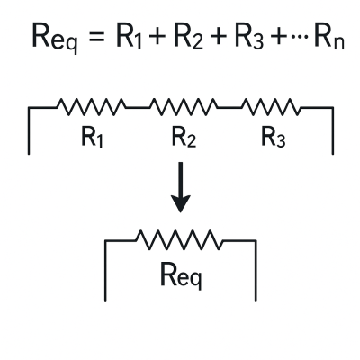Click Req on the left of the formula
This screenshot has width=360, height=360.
[54, 39]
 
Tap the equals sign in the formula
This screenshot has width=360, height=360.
[97, 36]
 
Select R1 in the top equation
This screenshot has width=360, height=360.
[129, 37]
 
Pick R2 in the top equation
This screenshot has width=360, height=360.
[189, 37]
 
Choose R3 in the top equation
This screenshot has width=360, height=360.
[249, 37]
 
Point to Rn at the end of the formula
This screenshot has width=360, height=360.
[328, 37]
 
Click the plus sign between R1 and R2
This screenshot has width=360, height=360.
[158, 36]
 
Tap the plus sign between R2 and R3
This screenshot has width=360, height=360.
[219, 36]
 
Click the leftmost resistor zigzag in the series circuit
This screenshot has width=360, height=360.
[92, 107]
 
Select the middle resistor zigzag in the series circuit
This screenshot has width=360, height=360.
[184, 107]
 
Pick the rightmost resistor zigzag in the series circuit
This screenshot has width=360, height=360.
[271, 107]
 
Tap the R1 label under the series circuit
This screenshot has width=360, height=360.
[93, 137]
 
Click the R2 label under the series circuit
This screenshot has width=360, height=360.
[184, 137]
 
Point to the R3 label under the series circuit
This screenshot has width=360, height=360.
[274, 137]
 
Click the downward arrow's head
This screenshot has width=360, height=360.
[180, 204]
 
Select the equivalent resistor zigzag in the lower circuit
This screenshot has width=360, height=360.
[180, 240]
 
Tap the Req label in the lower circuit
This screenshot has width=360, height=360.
[181, 275]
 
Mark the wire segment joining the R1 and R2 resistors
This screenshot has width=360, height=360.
[138, 107]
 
